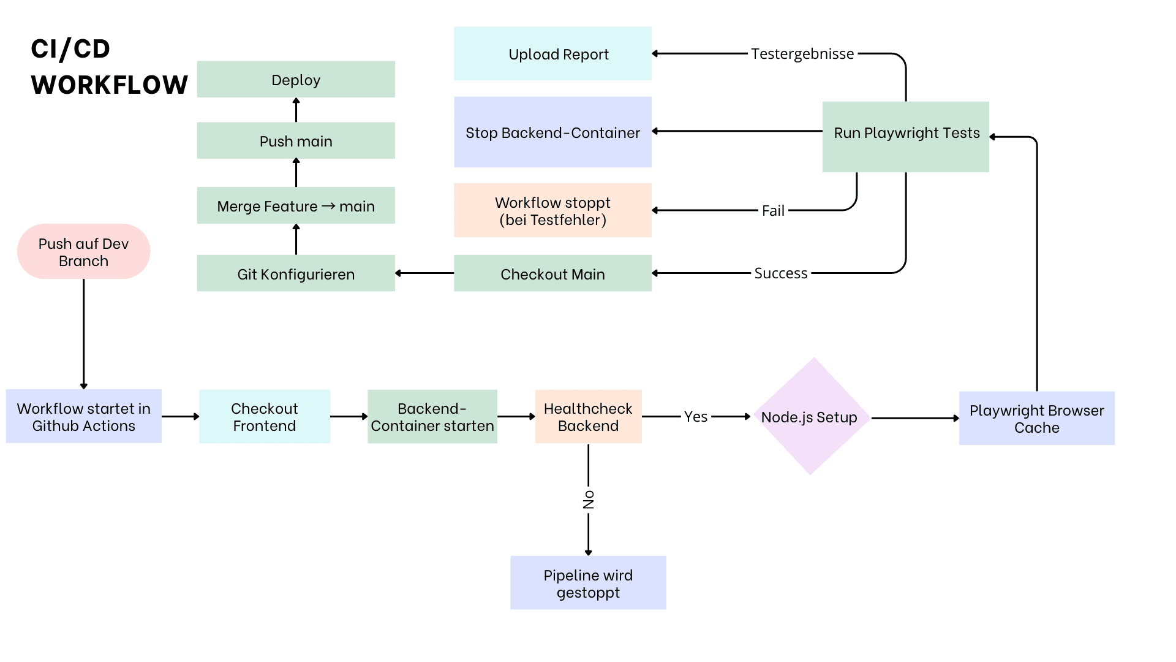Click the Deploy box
296,79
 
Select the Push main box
296,141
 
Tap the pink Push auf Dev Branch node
84,252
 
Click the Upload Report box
552,54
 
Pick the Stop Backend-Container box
552,132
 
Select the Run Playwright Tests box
906,136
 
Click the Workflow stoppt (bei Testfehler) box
552,211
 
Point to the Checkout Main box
552,273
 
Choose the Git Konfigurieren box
296,273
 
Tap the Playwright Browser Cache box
1036,419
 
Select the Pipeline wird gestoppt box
588,583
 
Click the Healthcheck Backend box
588,417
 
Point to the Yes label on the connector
696,417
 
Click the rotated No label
589,500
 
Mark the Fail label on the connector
773,211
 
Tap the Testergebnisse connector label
802,54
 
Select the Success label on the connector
781,273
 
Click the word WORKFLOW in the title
110,85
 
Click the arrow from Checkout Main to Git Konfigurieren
424,273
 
